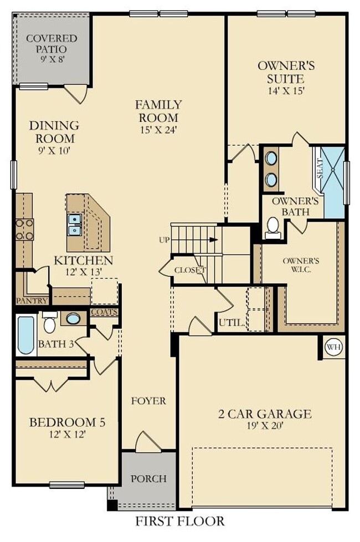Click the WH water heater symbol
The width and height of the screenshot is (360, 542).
pos(333,347)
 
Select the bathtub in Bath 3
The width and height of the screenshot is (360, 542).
pos(25,335)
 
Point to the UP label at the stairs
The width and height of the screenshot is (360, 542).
pos(164,240)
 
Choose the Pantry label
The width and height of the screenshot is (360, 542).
pos(32,301)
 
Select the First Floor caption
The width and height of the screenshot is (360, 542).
pos(180,521)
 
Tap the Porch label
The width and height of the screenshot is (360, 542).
pos(148,478)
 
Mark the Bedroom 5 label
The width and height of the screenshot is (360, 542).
pos(66,423)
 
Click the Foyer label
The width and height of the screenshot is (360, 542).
pos(148,401)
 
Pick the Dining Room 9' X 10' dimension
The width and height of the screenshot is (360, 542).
pos(53,150)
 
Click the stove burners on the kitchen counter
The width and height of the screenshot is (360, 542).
pos(25,229)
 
